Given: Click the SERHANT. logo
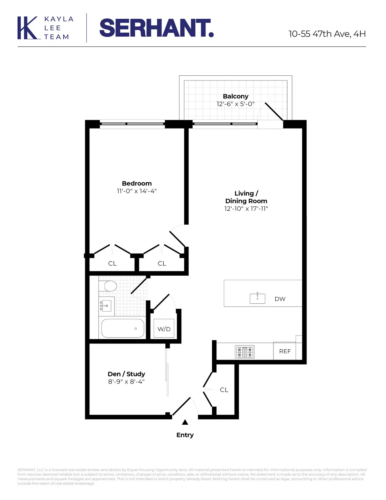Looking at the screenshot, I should [x=156, y=28].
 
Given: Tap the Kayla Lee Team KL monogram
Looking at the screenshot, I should [x=27, y=28].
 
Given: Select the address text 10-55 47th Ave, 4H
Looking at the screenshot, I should [x=327, y=34].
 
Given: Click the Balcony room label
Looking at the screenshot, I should [x=235, y=96].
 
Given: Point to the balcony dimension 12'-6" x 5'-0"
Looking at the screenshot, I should [x=235, y=104].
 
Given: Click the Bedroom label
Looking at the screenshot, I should [x=137, y=184].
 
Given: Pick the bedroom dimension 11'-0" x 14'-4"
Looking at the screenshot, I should [x=137, y=191].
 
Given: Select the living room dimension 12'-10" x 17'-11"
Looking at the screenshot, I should [x=246, y=209].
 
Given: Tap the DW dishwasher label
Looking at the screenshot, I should [x=280, y=299].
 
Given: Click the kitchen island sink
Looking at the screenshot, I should [x=257, y=298].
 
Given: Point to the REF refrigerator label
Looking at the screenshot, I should [x=285, y=351].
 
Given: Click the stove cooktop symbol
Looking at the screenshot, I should [x=244, y=352].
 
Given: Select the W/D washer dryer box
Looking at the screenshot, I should [x=164, y=329].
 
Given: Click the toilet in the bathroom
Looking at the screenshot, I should [x=108, y=286].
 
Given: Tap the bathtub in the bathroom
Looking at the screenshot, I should [x=123, y=328].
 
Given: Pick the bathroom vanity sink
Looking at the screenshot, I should [x=106, y=306].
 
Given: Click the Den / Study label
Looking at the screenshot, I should [x=126, y=374].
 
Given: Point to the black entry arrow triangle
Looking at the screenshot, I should [x=185, y=422].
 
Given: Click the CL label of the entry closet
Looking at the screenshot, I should [x=224, y=390].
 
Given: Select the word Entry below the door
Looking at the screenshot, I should [x=185, y=435].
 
